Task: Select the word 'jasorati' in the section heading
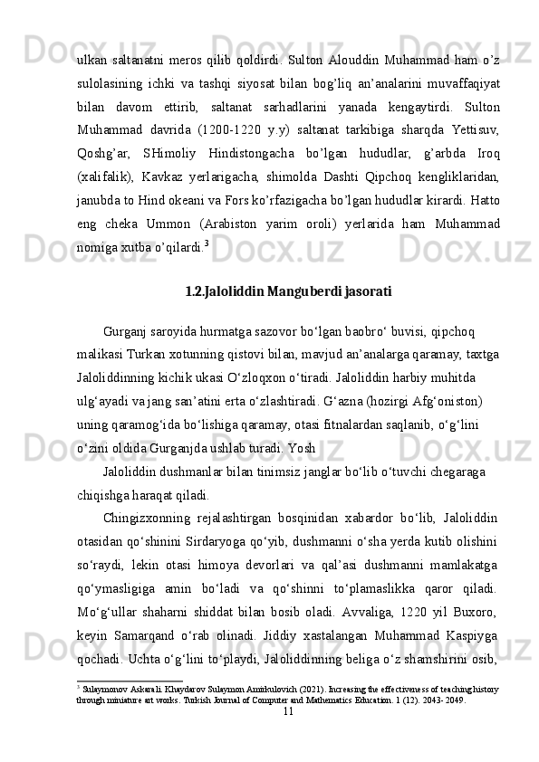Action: (369, 291)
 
